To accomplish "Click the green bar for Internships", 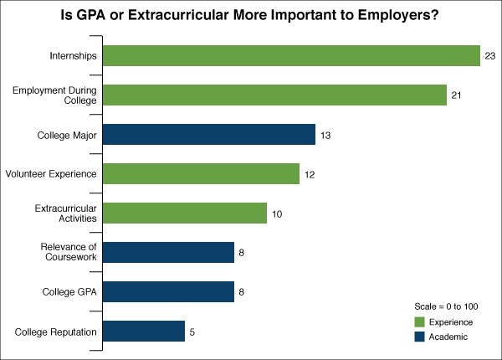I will [291, 56].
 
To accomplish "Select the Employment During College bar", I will [275, 95].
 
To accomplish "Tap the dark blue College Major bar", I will [209, 135].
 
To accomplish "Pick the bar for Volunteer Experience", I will [201, 174].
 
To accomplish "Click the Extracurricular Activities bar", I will [185, 213].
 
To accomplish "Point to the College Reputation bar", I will [144, 332].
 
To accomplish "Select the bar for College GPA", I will [168, 292].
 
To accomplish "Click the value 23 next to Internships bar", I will [489, 56].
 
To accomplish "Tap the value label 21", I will [457, 95].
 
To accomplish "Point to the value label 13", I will [326, 135].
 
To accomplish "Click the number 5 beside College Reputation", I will [192, 332].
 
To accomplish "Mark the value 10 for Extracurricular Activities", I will [277, 213].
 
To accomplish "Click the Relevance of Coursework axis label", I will [69, 253].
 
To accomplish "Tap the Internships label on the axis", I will [74, 56].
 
